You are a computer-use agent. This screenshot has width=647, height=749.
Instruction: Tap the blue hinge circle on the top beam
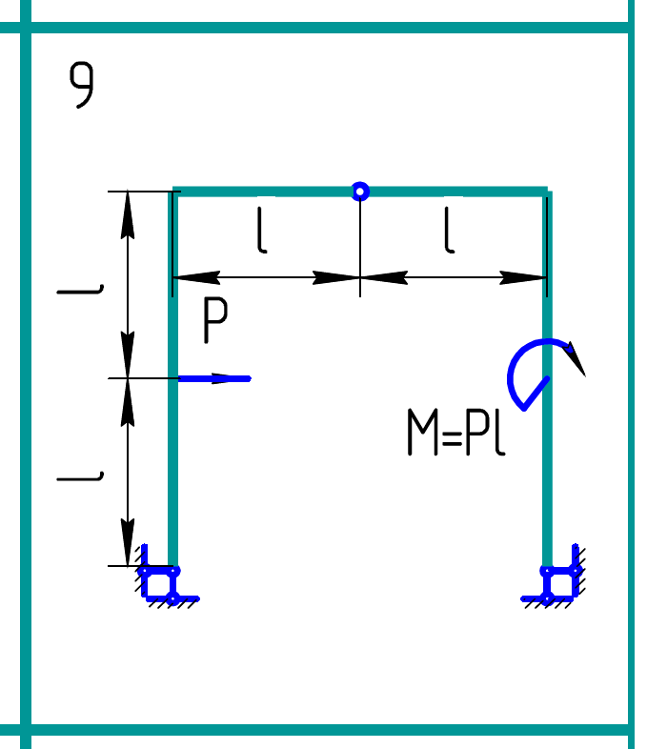point(359,192)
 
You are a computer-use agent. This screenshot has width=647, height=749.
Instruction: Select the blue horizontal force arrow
point(214,378)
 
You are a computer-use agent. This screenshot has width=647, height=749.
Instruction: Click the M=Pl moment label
point(455,433)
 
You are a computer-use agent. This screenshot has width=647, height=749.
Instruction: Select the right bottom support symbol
point(556,580)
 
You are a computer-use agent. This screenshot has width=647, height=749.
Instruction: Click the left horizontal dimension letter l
point(261,232)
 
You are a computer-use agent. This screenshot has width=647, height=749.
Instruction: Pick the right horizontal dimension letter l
point(448,232)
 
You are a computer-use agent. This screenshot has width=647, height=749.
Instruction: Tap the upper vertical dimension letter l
point(80,286)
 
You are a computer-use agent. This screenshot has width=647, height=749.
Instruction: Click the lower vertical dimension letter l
point(80,473)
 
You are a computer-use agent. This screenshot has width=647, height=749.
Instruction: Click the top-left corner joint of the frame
point(174,192)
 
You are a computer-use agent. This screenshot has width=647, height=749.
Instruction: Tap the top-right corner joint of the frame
point(547,192)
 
